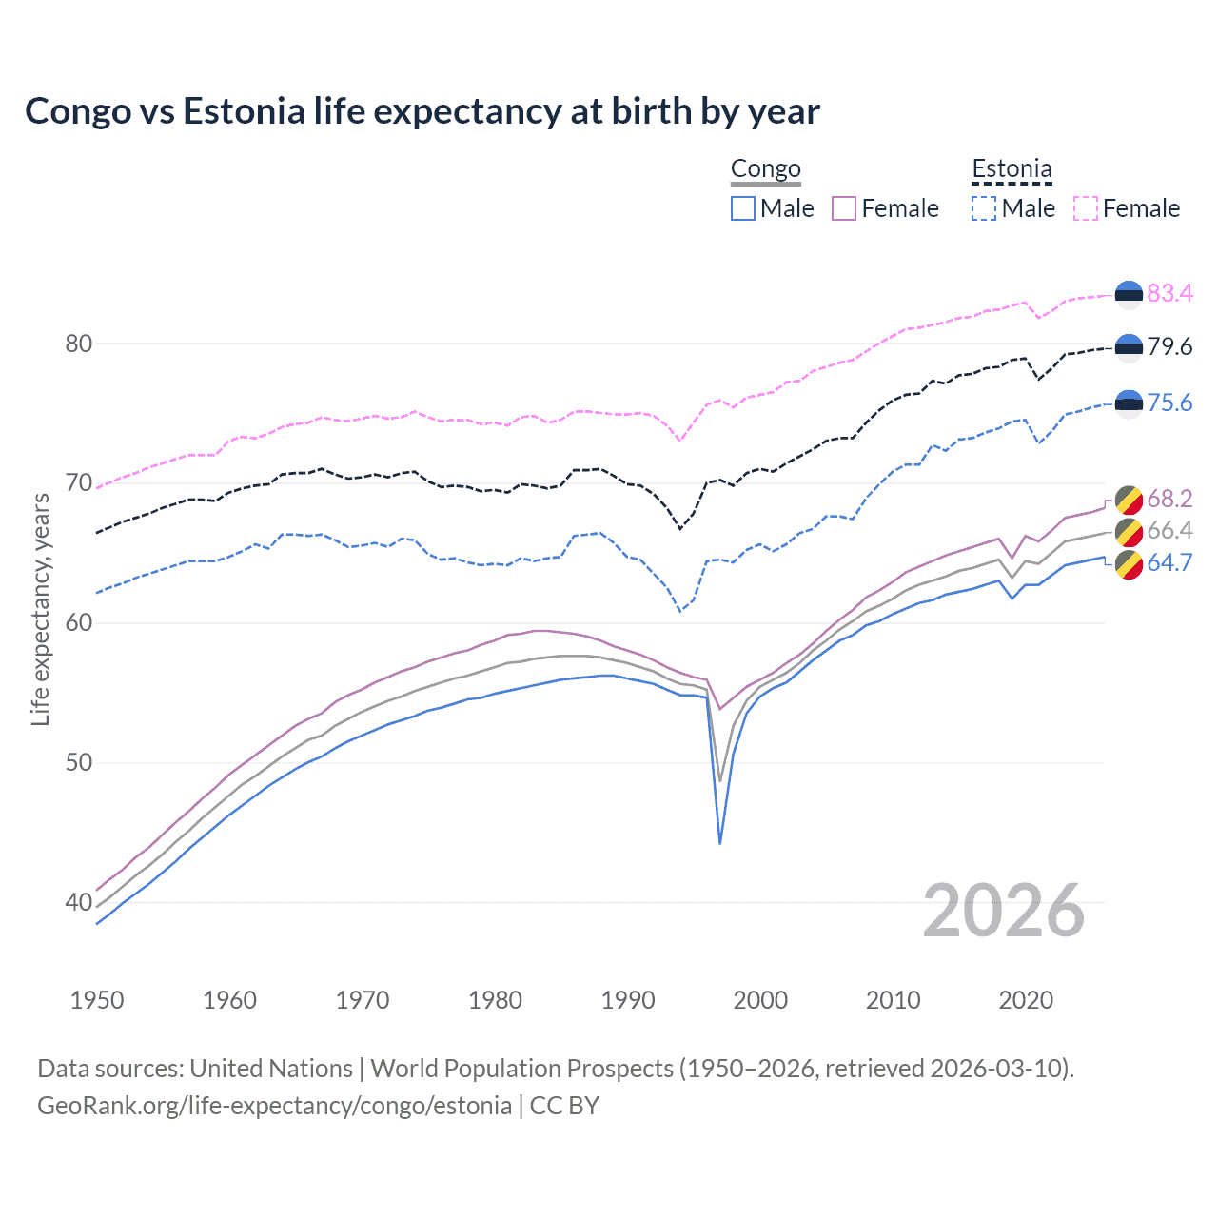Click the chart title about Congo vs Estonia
tap(422, 111)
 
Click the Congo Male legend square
tap(743, 208)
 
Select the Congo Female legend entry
tap(885, 208)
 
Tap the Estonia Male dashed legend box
tap(984, 208)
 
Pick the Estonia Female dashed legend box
tap(1086, 208)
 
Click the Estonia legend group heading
tap(1012, 169)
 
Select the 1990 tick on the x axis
tap(628, 1000)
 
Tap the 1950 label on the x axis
tap(97, 1000)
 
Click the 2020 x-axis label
tap(1026, 1000)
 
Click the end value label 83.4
tap(1169, 293)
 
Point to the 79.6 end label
tap(1169, 347)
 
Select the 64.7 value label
tap(1169, 562)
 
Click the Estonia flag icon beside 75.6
tap(1129, 403)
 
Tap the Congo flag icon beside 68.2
tap(1129, 500)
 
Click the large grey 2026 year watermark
tap(1004, 911)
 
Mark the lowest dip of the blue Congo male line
tap(720, 843)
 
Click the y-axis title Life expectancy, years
tap(41, 609)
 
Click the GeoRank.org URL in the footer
tap(274, 1106)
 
